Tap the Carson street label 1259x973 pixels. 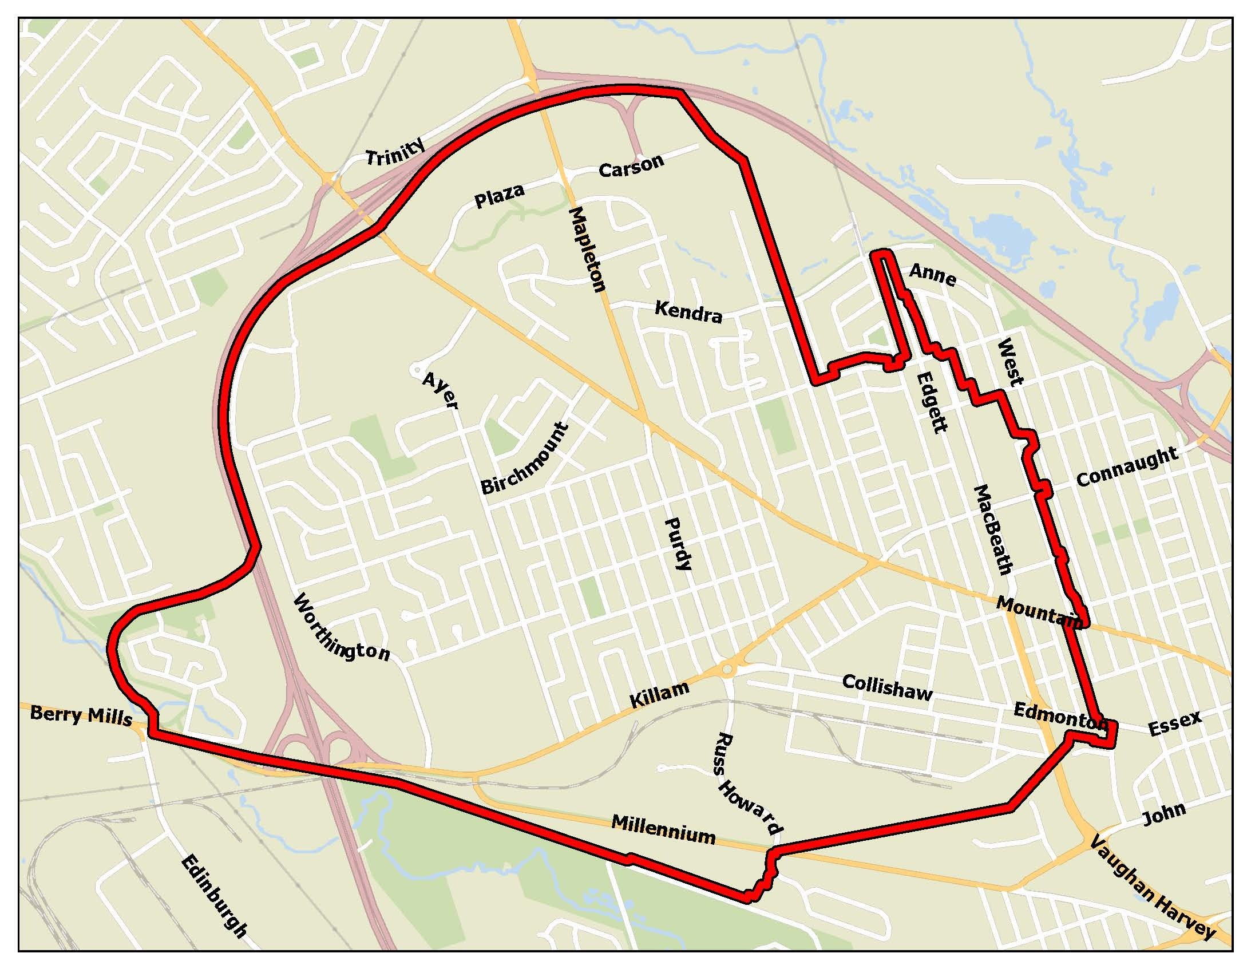click(x=631, y=166)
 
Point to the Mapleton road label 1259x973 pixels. click(x=587, y=250)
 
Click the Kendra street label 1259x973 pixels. click(x=688, y=312)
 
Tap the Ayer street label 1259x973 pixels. click(x=440, y=390)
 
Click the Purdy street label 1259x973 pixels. click(x=678, y=544)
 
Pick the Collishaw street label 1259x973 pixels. click(x=887, y=687)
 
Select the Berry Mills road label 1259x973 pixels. click(x=81, y=715)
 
